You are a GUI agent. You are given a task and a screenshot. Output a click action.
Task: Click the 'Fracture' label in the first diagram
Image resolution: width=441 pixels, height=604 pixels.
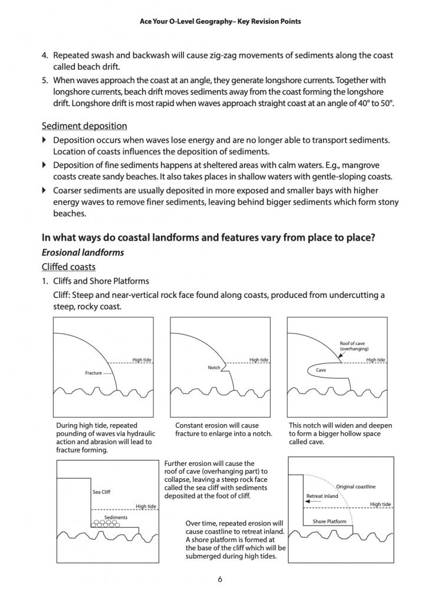coord(93,373)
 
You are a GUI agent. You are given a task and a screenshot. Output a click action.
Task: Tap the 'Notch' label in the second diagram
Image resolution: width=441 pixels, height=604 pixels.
coord(213,367)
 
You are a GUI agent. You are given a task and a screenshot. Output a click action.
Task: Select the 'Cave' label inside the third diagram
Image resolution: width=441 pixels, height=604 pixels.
coord(321,370)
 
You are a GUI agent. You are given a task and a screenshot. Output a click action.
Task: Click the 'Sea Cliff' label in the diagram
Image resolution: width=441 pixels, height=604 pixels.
coord(101,491)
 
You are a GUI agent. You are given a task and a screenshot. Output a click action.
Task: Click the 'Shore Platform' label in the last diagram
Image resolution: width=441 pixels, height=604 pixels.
coord(329,521)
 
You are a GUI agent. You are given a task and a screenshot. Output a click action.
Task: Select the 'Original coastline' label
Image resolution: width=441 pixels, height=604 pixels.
coord(356,487)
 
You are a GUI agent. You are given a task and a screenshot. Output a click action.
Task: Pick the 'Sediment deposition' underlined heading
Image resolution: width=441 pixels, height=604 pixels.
coord(84,126)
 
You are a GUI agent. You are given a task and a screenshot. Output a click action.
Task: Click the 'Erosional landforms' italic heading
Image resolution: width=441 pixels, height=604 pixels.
coord(83,252)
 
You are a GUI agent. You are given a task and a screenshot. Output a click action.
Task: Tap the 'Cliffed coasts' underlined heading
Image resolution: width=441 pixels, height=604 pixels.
coord(68,267)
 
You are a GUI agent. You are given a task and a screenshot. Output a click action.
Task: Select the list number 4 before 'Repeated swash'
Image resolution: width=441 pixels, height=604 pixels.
coord(44,55)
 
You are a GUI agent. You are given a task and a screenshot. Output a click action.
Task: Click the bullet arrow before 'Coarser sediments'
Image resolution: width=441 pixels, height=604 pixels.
coord(44,191)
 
